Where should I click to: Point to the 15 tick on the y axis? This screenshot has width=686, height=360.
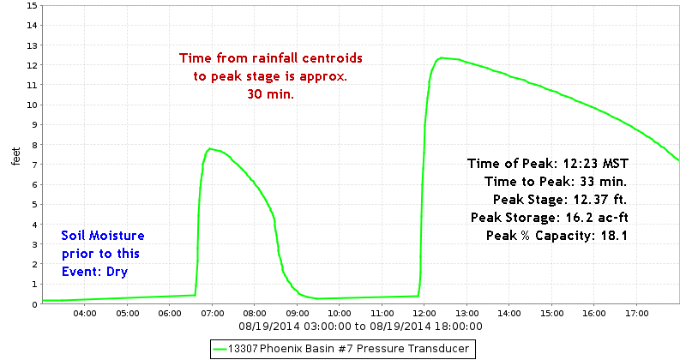pos(32,5)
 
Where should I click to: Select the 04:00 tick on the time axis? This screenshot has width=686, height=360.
pos(84,313)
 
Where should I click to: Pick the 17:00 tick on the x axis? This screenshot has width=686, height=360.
pos(635,313)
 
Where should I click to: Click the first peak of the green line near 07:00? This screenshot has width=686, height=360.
pos(210,149)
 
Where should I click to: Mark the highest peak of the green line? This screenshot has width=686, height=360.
pos(441,58)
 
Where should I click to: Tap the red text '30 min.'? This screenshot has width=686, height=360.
pos(270,94)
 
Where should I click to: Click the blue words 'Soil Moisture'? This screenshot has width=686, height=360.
pos(103,236)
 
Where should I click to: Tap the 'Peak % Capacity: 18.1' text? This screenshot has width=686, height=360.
pos(557,235)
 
